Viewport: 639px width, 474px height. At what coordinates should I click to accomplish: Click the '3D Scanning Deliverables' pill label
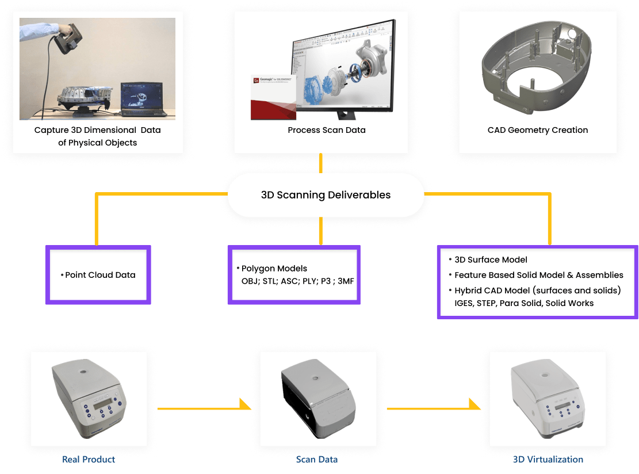pos(326,195)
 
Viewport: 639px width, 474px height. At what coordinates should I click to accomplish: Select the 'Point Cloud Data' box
pos(98,275)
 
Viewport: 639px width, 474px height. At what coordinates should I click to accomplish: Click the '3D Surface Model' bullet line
pos(491,259)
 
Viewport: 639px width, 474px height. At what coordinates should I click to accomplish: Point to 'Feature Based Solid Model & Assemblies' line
pos(538,275)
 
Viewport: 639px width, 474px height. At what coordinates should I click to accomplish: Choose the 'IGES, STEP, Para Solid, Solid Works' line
pos(524,303)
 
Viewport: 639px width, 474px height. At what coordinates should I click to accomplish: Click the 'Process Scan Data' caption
pos(326,130)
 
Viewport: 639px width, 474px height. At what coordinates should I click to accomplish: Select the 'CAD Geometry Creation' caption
pos(537,130)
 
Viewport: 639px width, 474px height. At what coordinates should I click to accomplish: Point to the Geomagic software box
pos(274,97)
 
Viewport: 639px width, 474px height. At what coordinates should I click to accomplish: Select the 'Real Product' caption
pos(89,459)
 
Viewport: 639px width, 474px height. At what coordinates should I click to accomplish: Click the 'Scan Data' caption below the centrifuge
pos(317,459)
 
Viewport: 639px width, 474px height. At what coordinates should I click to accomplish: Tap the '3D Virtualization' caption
pos(548,459)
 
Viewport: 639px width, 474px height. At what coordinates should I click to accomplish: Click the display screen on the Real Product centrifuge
pos(102,408)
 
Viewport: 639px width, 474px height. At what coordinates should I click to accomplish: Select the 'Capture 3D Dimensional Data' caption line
pos(97,130)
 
